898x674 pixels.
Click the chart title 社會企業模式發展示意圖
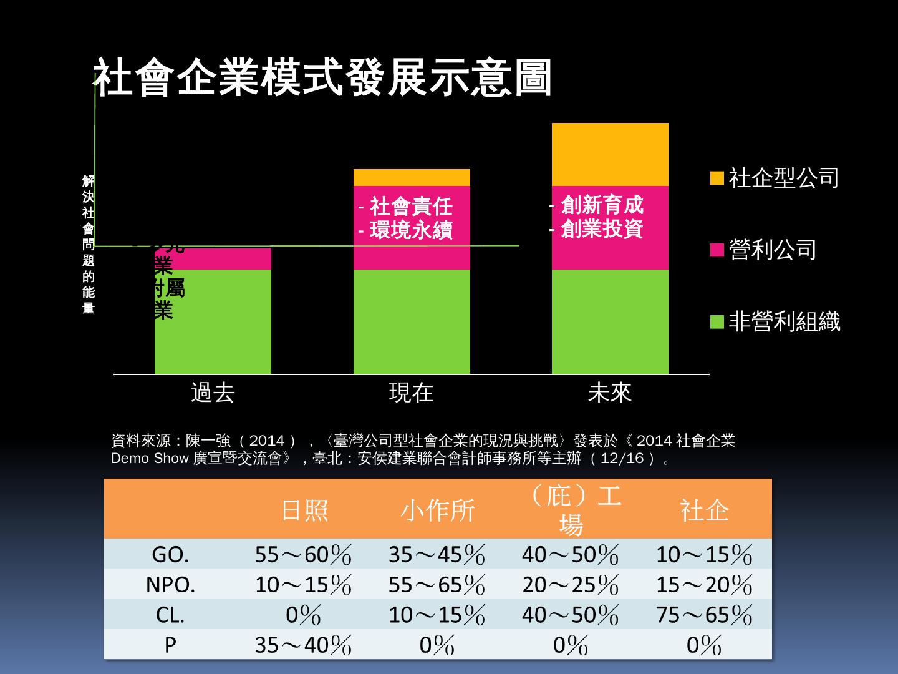(322, 79)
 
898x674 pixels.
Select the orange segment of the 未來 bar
(609, 154)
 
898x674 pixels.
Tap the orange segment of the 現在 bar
(411, 177)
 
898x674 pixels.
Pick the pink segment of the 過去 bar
(212, 259)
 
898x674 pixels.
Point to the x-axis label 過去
(213, 393)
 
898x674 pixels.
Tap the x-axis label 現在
(411, 393)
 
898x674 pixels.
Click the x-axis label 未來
(609, 393)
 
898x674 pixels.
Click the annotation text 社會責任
(410, 206)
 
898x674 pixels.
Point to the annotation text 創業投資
(601, 229)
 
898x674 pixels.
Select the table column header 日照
(304, 510)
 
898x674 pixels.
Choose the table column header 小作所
(438, 510)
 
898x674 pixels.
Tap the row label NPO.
(170, 585)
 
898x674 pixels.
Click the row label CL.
(170, 615)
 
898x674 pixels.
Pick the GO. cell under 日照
(304, 554)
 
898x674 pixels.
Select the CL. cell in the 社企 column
(704, 615)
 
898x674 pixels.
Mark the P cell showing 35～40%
(304, 645)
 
